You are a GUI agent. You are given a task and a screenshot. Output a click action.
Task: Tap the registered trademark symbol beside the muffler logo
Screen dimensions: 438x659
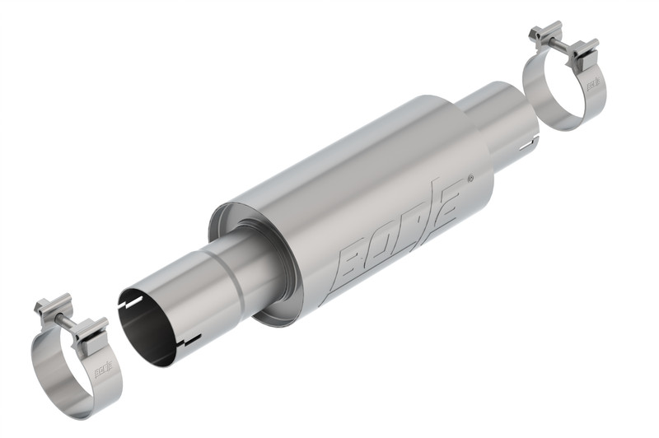click(x=470, y=179)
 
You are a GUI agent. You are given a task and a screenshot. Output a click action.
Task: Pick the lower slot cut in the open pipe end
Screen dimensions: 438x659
click(x=191, y=339)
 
